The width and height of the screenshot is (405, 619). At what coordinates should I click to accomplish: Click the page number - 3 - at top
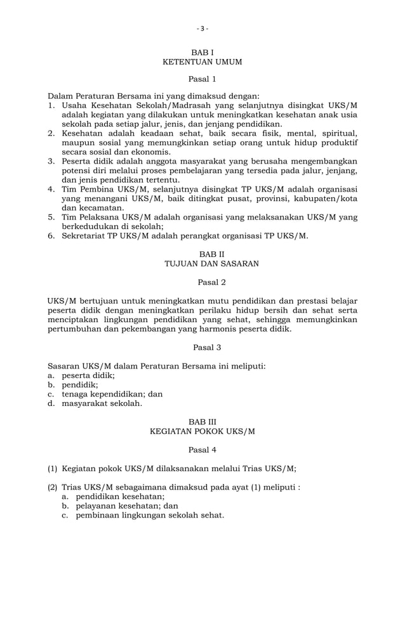202,29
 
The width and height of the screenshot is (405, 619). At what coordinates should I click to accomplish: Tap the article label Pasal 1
202,79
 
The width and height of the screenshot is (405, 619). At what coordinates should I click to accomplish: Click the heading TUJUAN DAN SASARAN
202,263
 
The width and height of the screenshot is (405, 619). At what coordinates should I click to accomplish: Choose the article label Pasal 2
202,281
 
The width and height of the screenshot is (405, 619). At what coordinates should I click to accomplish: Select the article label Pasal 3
202,347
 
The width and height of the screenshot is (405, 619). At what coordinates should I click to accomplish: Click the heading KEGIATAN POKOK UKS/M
202,431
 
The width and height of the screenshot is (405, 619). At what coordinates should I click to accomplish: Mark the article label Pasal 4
202,449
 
